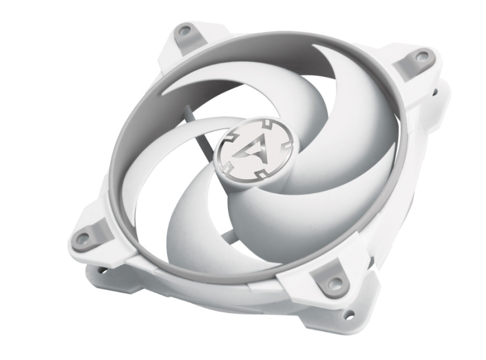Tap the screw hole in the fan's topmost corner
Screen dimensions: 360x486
coord(184,31)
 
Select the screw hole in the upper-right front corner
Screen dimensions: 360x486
coord(422,56)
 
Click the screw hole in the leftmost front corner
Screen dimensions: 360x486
coord(83,237)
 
